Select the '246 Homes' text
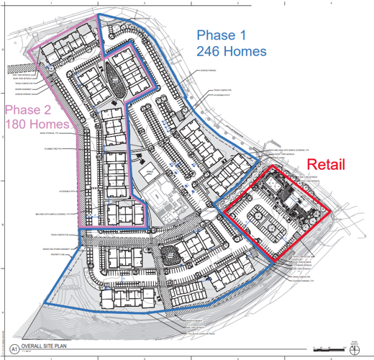[232, 50]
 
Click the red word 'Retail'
[321, 164]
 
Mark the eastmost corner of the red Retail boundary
[331, 212]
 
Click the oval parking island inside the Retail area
[258, 217]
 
